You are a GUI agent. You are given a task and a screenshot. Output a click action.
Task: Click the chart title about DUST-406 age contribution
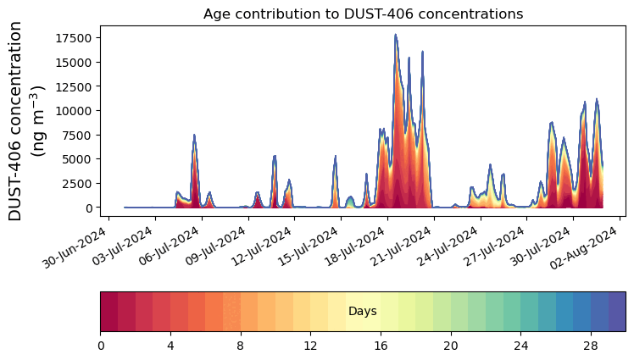tap(363, 14)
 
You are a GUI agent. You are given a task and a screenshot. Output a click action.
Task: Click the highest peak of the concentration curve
tap(395, 36)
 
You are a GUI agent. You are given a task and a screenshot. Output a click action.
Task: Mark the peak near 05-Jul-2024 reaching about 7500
tap(194, 135)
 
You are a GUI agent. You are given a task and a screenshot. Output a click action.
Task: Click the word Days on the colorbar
tap(363, 312)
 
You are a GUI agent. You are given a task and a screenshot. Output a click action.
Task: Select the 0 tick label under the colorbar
tap(101, 346)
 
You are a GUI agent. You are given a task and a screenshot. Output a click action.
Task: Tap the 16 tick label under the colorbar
tap(381, 346)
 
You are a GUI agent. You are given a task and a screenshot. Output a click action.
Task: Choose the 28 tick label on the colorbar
tap(591, 346)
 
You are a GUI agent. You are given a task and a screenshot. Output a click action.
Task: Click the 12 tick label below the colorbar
tap(310, 346)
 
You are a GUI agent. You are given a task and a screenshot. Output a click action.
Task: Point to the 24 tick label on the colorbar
tap(520, 346)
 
